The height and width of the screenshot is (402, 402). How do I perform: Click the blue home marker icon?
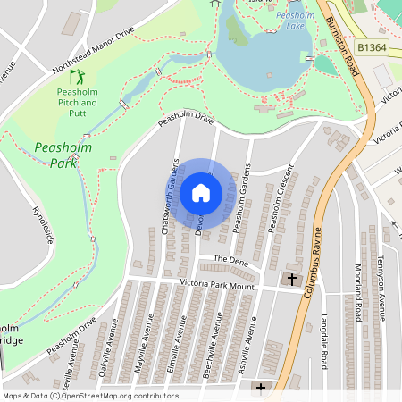tap(201, 192)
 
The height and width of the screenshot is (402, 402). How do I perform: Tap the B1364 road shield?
tap(373, 47)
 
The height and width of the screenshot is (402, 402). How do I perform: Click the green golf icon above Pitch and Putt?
tap(77, 78)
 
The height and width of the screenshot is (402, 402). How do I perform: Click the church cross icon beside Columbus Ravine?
tap(291, 281)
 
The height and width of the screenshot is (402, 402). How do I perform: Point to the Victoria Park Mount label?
tap(217, 286)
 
